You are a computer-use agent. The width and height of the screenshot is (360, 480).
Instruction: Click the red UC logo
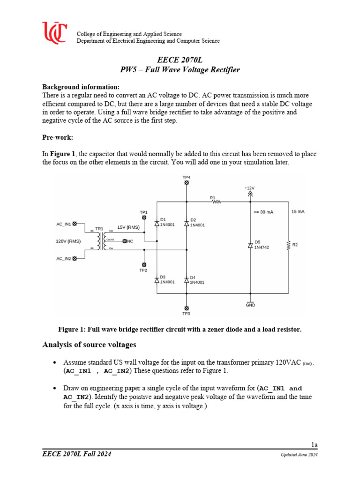tap(54, 33)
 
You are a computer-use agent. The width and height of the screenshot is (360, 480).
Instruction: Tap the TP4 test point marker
tap(187, 182)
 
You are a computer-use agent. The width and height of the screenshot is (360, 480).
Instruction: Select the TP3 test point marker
tap(187, 308)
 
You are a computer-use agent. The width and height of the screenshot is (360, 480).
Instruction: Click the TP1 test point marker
tap(144, 218)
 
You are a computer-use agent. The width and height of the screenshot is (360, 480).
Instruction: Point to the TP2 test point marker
tap(144, 264)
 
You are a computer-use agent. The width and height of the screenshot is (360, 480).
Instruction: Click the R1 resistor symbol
tap(216, 202)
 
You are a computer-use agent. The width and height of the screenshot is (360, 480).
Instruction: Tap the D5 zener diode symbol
tap(250, 245)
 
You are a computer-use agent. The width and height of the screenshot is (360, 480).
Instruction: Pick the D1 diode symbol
tap(157, 222)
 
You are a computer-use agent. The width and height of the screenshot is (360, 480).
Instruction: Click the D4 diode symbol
tap(187, 280)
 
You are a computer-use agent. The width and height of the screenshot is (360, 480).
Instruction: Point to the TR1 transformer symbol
tap(99, 241)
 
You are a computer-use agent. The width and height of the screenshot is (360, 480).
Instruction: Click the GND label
tap(250, 305)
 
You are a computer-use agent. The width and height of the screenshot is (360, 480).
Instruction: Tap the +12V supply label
tap(249, 187)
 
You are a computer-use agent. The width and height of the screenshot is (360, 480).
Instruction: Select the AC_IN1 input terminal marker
tap(75, 224)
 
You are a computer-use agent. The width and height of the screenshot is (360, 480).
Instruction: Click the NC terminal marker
tap(124, 241)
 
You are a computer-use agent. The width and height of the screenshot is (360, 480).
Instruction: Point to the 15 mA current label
tap(298, 212)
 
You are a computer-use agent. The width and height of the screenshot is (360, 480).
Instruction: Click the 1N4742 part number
tap(263, 247)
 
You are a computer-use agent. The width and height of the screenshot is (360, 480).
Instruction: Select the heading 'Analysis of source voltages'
tap(89, 345)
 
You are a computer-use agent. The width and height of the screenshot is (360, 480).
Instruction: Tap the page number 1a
tap(314, 444)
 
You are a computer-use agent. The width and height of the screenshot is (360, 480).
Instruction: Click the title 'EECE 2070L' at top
tap(180, 60)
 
